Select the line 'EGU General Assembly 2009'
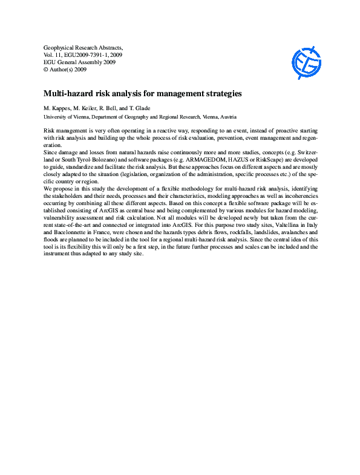pos(80,62)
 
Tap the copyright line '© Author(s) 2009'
pos(66,70)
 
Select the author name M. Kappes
pos(59,108)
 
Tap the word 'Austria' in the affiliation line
pos(228,116)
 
